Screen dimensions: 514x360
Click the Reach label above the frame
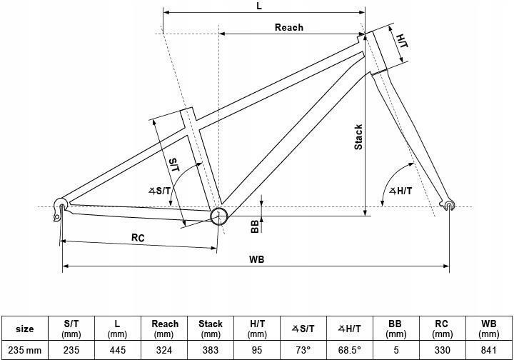coord(289,27)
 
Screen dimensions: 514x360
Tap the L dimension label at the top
coord(259,6)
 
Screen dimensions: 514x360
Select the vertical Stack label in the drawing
coord(358,136)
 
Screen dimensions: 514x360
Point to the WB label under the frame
coord(256,259)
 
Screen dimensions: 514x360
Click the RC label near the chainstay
coord(138,237)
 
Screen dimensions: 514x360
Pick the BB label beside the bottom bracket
coord(255,226)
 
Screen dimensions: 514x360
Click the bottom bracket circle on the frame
coord(218,216)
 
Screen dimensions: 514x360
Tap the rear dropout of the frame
coord(60,208)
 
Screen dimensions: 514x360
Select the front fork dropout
coord(449,205)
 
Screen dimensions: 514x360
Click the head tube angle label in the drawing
coord(400,191)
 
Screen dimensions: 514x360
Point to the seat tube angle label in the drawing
coord(160,191)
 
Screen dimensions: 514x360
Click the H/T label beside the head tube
coord(402,41)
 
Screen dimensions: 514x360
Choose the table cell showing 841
coord(488,350)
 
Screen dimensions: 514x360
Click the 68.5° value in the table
coord(349,350)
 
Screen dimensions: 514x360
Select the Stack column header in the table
coord(211,329)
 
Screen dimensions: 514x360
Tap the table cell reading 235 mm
coord(25,350)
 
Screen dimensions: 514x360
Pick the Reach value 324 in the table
coord(164,350)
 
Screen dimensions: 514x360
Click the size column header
coord(25,329)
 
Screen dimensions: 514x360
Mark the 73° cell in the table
coord(303,350)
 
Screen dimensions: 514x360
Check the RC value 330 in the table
coord(442,350)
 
